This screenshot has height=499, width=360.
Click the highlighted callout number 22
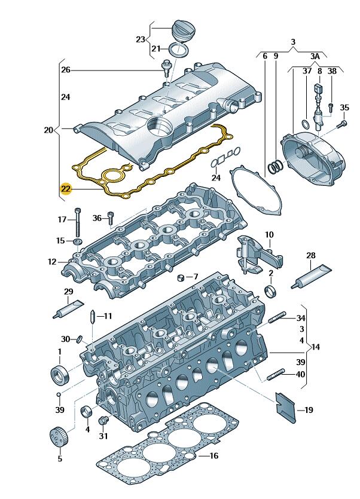click(x=66, y=189)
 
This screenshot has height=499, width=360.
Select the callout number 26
click(x=66, y=70)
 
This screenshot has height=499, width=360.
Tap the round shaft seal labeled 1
click(x=60, y=376)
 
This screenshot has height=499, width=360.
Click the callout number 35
click(x=344, y=108)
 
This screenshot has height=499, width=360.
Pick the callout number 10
click(x=269, y=234)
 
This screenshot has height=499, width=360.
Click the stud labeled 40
click(x=276, y=375)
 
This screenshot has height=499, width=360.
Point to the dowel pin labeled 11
click(x=93, y=316)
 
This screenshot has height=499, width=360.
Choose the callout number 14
click(x=316, y=346)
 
